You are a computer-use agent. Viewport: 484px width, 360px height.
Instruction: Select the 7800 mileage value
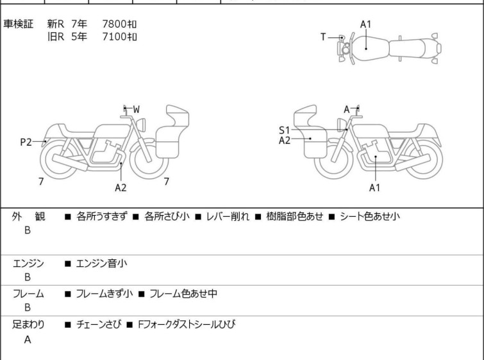pos(119,24)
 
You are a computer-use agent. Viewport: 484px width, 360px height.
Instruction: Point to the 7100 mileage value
pos(119,37)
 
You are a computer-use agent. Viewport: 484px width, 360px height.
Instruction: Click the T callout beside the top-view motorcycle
pos(324,37)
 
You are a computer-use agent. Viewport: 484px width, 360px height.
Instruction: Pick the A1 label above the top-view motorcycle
pos(365,24)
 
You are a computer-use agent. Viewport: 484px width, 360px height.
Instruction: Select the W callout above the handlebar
pos(136,109)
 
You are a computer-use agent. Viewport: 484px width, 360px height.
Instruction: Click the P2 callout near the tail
pos(26,142)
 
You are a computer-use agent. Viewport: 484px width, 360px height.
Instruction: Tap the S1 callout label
pos(285,130)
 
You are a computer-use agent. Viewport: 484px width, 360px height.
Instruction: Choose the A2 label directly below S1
pos(285,141)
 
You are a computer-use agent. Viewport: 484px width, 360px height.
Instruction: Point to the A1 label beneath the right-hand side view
pos(375,187)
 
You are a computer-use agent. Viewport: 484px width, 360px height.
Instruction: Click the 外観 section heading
pos(28,217)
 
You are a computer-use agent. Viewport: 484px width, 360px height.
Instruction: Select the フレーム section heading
pos(28,294)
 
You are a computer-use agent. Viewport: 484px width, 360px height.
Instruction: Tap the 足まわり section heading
pos(28,325)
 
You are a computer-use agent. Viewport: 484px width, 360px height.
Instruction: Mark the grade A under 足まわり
pos(28,340)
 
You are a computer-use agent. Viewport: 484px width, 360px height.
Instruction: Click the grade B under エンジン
pos(28,277)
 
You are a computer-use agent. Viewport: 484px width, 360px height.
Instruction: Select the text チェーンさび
pos(98,325)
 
